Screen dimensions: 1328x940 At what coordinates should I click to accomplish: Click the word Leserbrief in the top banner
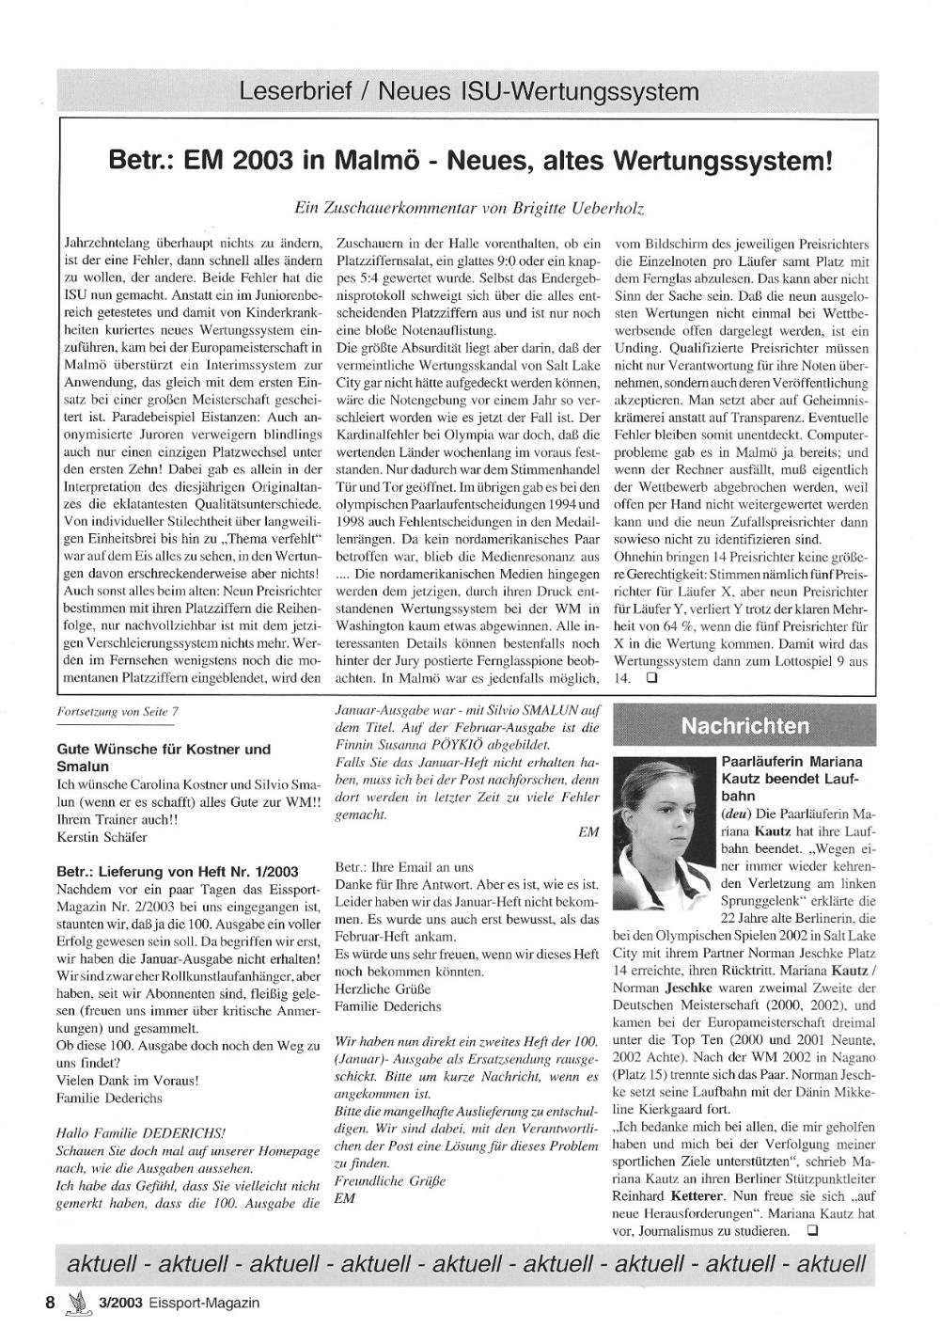point(293,92)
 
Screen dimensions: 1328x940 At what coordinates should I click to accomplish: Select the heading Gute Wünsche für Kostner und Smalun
point(163,757)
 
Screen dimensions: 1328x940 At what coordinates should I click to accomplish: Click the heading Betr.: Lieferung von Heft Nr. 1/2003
point(178,872)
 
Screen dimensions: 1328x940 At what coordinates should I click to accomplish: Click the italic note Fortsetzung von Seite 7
point(117,712)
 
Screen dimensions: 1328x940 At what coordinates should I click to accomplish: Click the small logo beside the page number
point(76,1302)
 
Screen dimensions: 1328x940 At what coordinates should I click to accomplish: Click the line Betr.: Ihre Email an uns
point(404,867)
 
